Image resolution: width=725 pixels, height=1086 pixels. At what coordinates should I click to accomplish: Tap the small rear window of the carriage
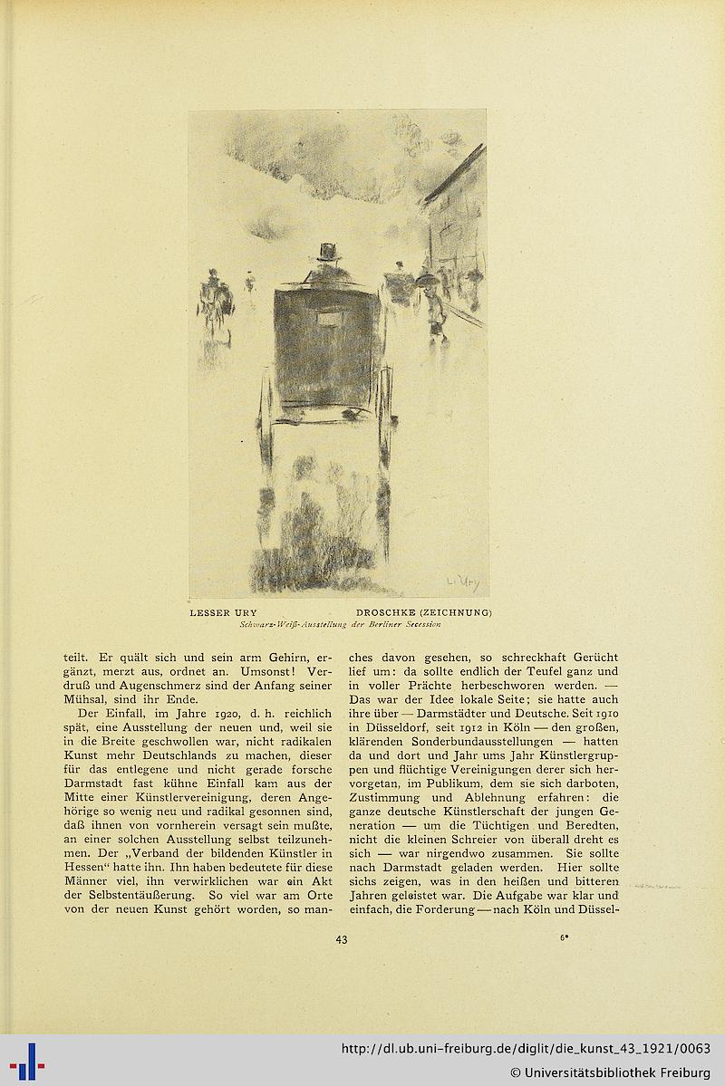(x=326, y=320)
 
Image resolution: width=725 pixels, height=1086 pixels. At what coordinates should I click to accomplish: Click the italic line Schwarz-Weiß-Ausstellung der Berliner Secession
(x=340, y=624)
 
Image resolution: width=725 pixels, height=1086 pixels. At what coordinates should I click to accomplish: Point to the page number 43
(x=341, y=939)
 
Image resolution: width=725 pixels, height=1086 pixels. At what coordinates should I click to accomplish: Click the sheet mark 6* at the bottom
(x=564, y=937)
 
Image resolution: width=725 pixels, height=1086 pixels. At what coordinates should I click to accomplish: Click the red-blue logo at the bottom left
(x=27, y=1061)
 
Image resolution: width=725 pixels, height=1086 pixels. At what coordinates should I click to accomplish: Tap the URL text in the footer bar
(x=526, y=1050)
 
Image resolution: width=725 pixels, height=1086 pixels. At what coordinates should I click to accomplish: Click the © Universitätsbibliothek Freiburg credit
(x=611, y=1073)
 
